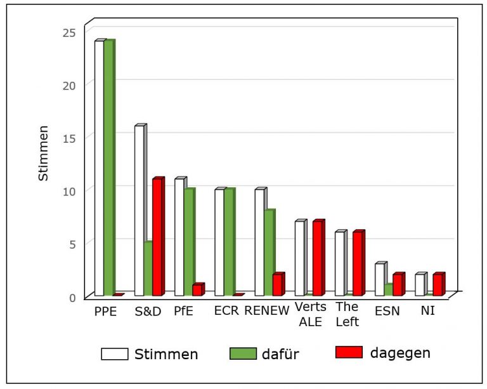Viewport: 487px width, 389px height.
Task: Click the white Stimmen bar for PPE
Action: point(99,168)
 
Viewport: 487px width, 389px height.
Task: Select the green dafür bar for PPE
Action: point(110,167)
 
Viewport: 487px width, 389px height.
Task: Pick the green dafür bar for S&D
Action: point(148,268)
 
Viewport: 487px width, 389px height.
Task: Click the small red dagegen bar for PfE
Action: point(198,289)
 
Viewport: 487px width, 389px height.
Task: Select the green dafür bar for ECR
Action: point(230,241)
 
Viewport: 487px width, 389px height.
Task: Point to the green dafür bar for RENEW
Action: point(270,252)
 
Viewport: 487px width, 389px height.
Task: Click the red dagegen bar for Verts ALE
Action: point(319,257)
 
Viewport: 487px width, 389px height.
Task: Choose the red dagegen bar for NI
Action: point(439,284)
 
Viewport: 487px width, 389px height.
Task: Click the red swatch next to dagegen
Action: point(349,352)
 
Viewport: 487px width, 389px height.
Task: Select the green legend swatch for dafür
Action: point(243,353)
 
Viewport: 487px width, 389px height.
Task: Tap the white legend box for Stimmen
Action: point(115,354)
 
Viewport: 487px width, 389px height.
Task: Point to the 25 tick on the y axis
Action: point(69,32)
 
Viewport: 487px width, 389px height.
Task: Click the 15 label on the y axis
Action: point(69,138)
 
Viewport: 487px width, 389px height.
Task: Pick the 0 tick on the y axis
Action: point(72,298)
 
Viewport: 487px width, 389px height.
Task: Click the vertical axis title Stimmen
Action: point(43,153)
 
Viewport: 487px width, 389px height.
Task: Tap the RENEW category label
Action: point(267,311)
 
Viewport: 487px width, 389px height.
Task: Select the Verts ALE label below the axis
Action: point(311,314)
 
